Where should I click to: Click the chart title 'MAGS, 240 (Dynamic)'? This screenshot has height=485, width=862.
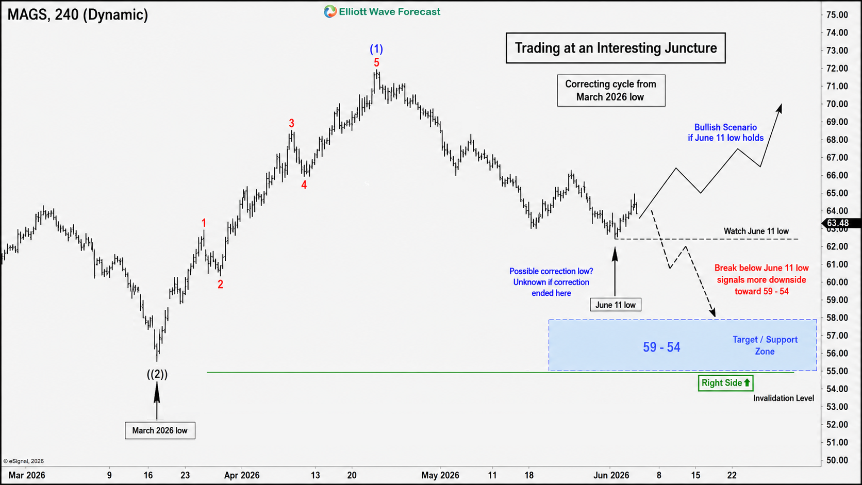(x=78, y=14)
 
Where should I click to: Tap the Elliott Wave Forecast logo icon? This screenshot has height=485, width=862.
(x=330, y=12)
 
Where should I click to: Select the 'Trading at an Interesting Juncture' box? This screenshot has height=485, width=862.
(x=616, y=48)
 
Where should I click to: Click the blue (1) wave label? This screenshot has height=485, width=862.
(x=376, y=49)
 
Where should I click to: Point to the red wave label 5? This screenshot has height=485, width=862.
(x=376, y=62)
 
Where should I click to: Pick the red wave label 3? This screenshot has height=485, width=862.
(x=291, y=123)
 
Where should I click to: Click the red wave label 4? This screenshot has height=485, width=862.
(x=304, y=185)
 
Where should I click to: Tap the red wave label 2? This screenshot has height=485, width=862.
(x=220, y=284)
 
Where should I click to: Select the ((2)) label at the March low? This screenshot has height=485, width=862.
(x=157, y=374)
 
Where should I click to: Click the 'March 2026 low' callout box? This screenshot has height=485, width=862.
(x=160, y=430)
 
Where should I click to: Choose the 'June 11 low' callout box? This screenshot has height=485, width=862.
(x=616, y=305)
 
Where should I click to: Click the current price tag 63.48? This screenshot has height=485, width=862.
(x=841, y=223)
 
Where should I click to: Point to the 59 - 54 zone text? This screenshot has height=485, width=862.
(x=661, y=347)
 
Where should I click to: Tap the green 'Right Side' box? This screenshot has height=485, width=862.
(x=726, y=383)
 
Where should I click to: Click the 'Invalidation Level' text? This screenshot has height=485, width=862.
(x=784, y=398)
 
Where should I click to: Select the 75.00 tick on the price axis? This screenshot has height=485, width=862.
(x=837, y=14)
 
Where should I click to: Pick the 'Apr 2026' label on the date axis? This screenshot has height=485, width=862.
(x=242, y=475)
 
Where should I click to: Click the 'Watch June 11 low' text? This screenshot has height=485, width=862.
(x=756, y=231)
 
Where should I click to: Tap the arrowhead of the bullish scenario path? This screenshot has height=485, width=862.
(x=780, y=108)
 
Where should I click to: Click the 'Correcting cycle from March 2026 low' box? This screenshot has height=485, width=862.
(x=611, y=90)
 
